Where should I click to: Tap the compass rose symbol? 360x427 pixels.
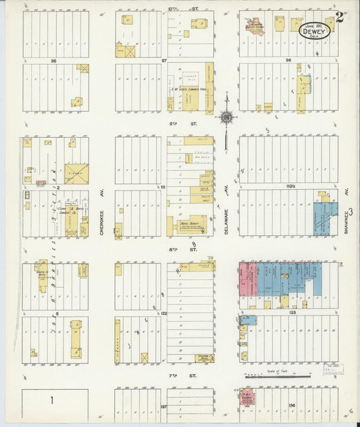226,117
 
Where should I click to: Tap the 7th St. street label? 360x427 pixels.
190,374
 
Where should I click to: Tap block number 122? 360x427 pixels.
164,313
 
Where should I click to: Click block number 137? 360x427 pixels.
164,407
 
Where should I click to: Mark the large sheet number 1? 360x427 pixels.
51,400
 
